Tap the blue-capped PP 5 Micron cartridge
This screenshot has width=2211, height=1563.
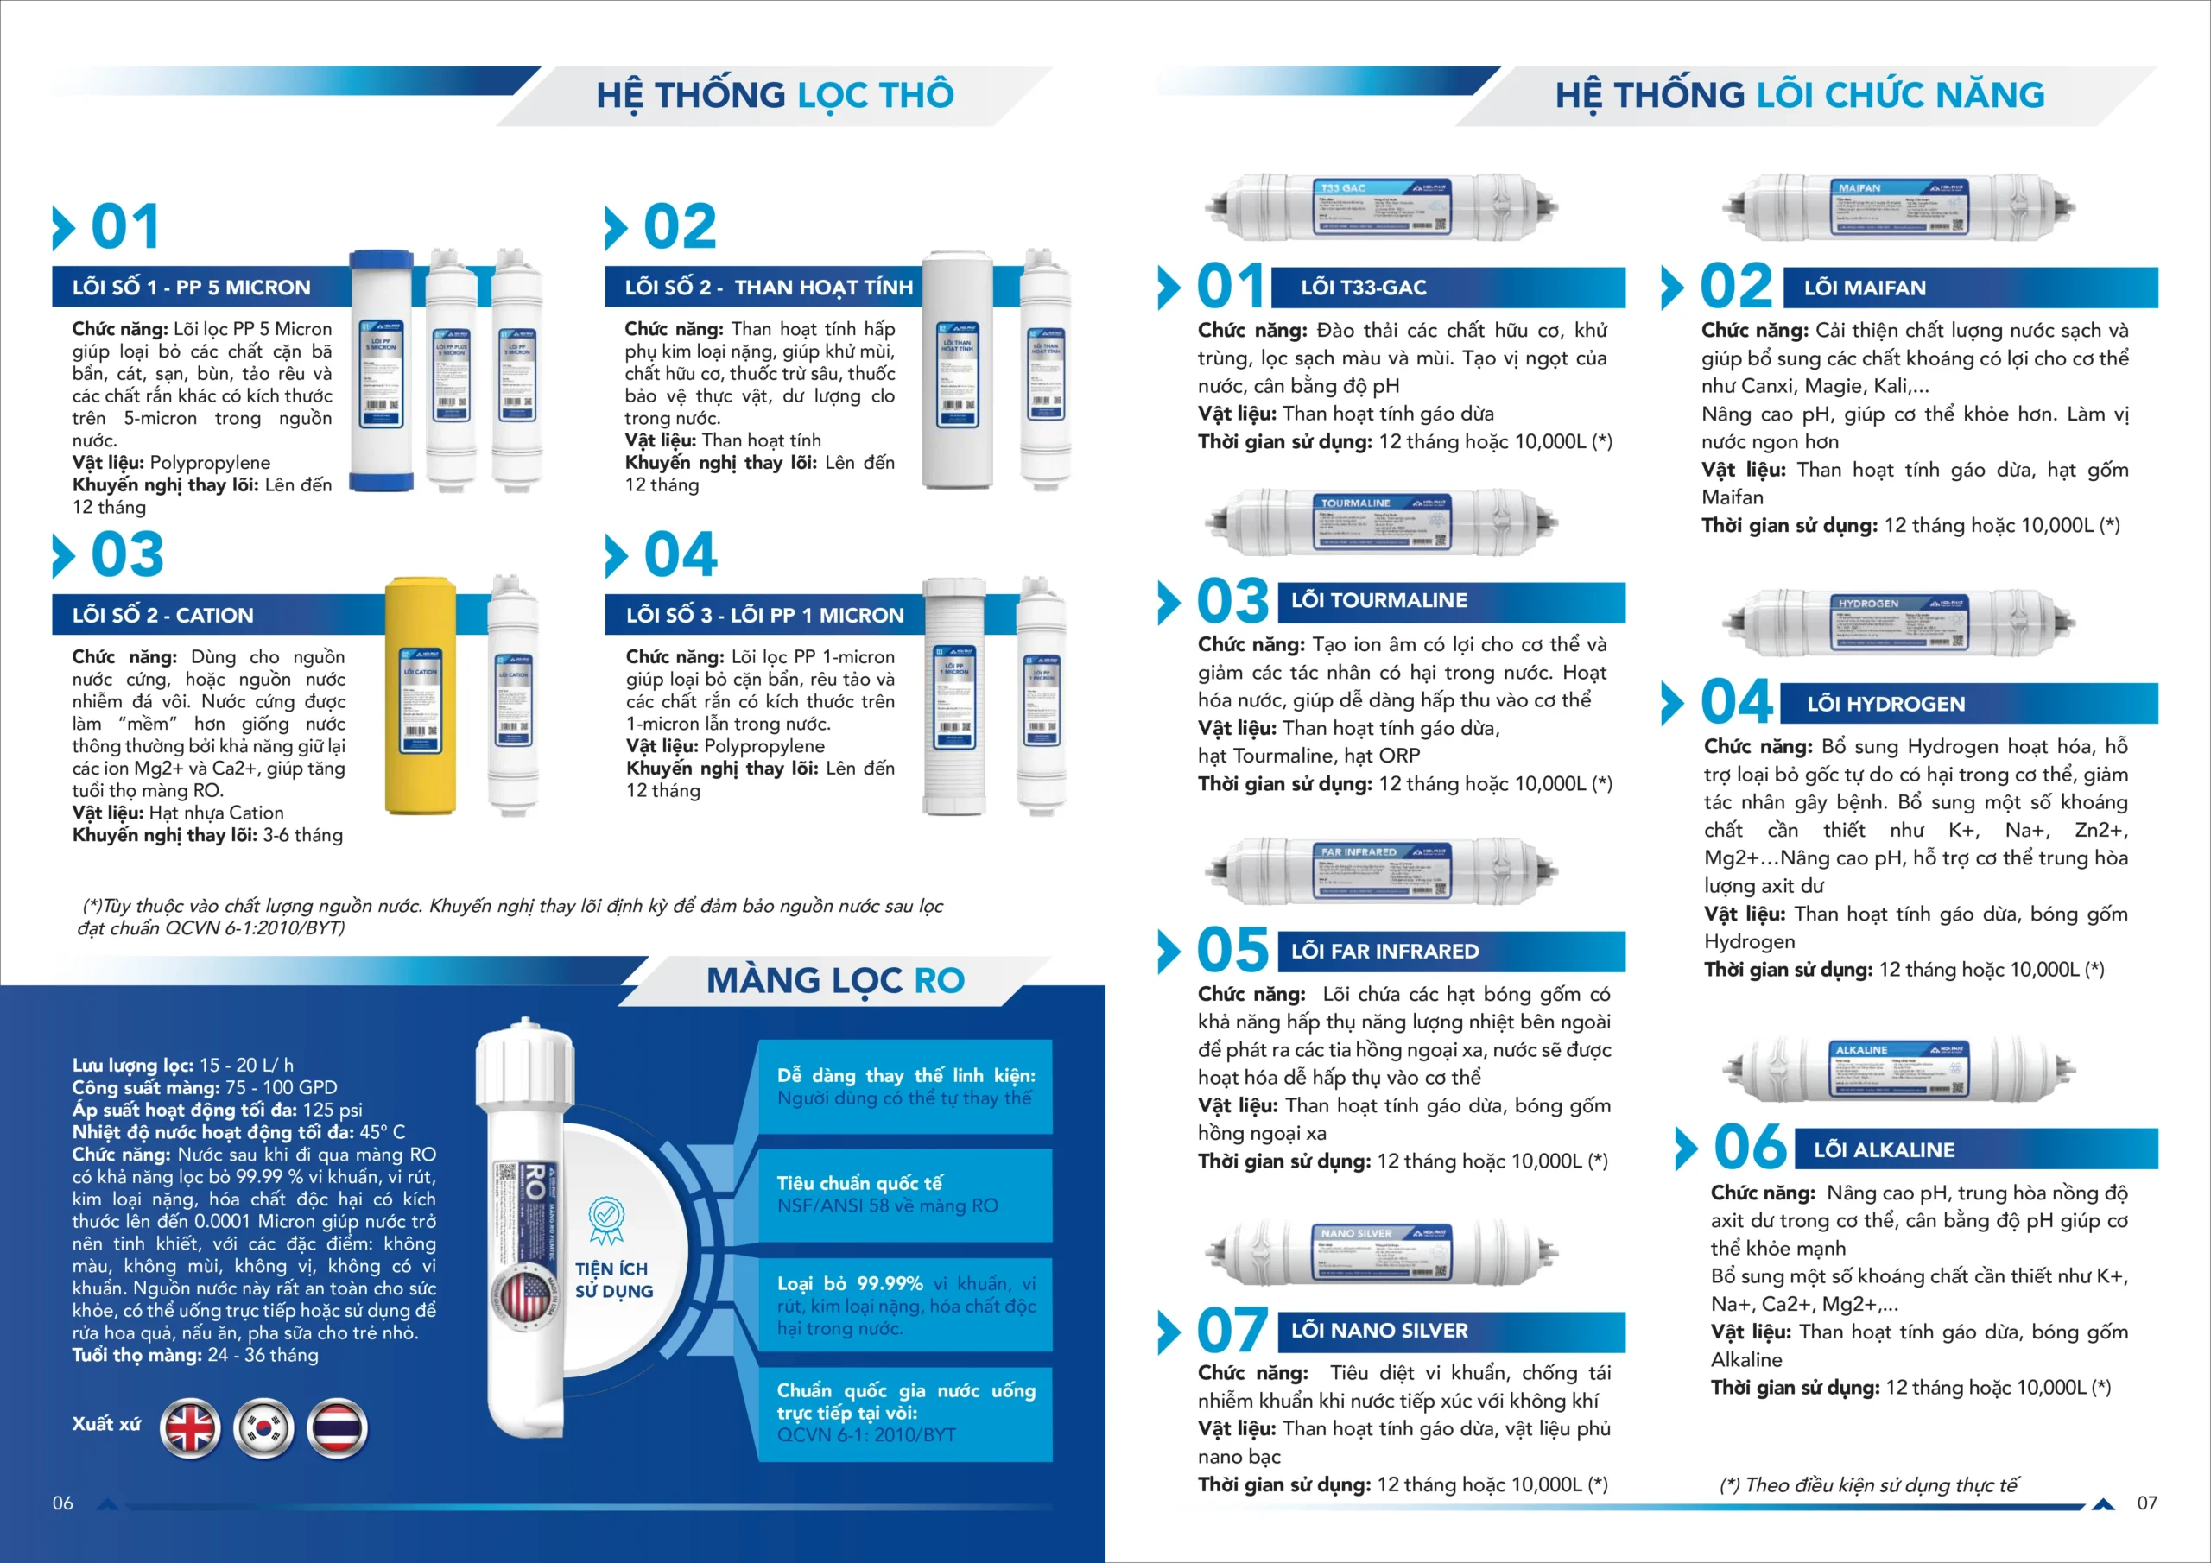382,370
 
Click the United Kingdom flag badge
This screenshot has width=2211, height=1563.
190,1427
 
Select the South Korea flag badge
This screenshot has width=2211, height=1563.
263,1427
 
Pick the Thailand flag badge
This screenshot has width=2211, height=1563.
337,1427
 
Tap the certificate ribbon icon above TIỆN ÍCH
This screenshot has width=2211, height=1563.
605,1219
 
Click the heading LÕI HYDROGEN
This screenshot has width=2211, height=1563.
1885,704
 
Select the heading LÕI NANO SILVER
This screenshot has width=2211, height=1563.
1379,1331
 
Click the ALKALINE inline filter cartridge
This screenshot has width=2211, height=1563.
1897,1069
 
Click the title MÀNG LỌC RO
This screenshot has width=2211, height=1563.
835,980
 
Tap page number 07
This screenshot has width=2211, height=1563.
2146,1503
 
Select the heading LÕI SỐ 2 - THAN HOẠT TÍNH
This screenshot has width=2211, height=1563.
768,287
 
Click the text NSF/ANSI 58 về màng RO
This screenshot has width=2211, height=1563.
887,1205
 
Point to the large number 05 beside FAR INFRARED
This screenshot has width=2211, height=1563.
1232,950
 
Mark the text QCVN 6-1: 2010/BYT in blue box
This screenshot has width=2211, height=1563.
865,1435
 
